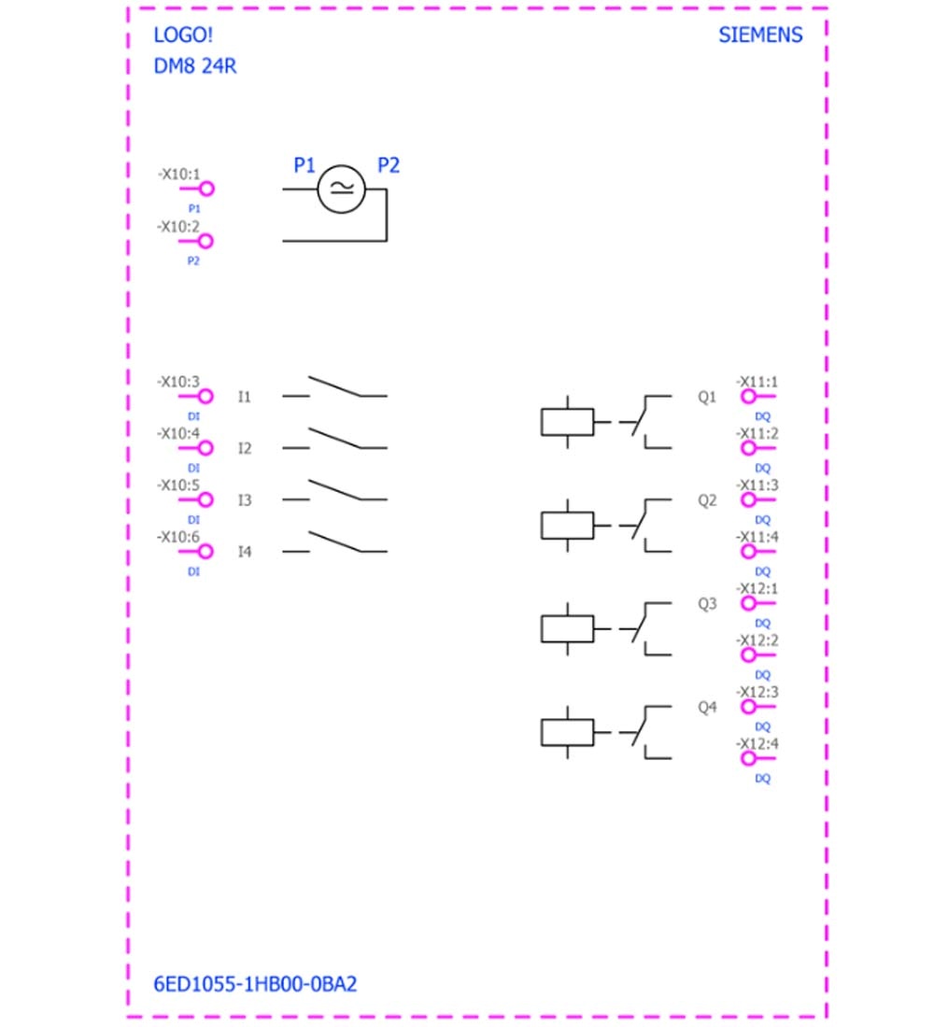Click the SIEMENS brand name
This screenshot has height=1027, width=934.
pyautogui.click(x=760, y=35)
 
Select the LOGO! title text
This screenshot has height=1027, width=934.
pyautogui.click(x=183, y=35)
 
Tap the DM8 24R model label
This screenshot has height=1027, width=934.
pyautogui.click(x=194, y=66)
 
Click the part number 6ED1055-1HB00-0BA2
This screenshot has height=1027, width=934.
pyautogui.click(x=255, y=984)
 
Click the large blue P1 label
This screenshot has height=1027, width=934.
pyautogui.click(x=304, y=165)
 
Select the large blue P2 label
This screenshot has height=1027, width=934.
pyautogui.click(x=388, y=165)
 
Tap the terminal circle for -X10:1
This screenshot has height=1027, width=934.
pyautogui.click(x=206, y=190)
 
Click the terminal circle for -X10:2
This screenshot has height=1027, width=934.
pyautogui.click(x=205, y=241)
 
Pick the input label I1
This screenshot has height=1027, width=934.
pyautogui.click(x=244, y=397)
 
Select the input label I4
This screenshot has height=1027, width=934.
pyautogui.click(x=244, y=552)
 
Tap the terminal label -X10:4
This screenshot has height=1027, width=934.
pyautogui.click(x=178, y=433)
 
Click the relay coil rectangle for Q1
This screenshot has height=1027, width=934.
pyautogui.click(x=568, y=422)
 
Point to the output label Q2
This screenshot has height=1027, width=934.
pyautogui.click(x=706, y=500)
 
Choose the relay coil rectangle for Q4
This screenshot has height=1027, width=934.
pyautogui.click(x=568, y=733)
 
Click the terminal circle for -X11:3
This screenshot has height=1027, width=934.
pyautogui.click(x=748, y=499)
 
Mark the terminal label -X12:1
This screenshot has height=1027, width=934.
pyautogui.click(x=757, y=588)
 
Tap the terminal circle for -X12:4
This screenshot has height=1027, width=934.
pyautogui.click(x=748, y=758)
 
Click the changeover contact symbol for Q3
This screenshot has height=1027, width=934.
pyautogui.click(x=645, y=628)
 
